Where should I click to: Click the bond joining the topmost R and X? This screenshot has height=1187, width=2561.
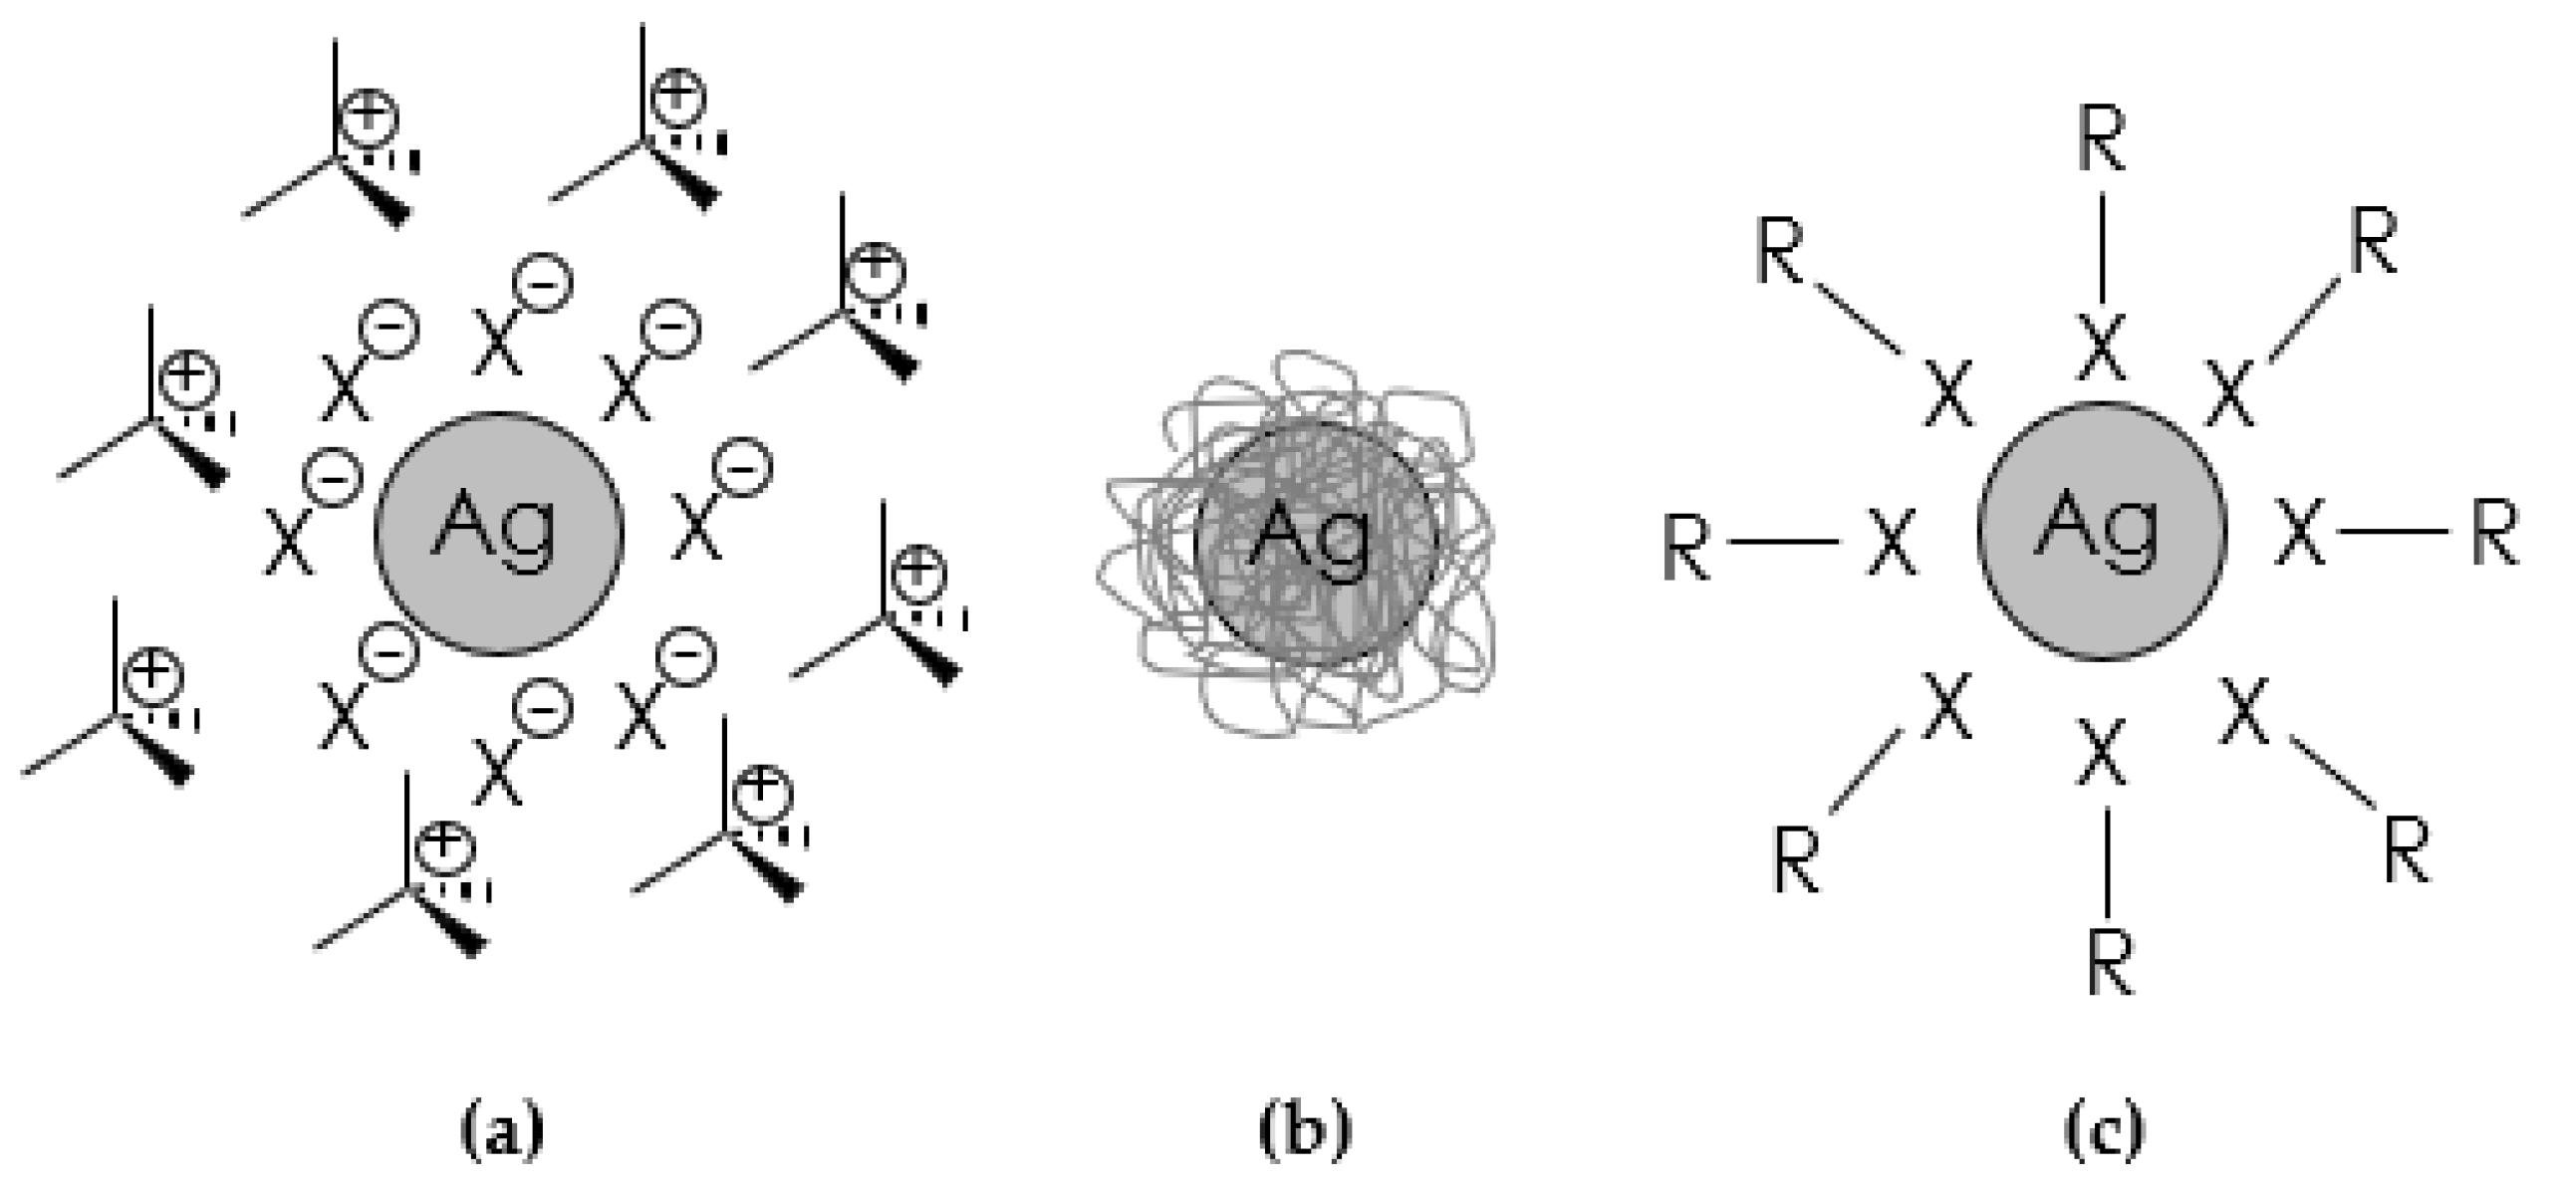coord(2103,246)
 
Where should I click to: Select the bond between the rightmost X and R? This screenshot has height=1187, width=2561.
coord(2392,532)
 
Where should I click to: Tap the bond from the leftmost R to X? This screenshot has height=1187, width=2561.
coord(1784,543)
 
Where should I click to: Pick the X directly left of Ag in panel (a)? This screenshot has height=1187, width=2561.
coord(289,543)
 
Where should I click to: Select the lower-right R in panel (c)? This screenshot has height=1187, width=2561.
coord(2407,851)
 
